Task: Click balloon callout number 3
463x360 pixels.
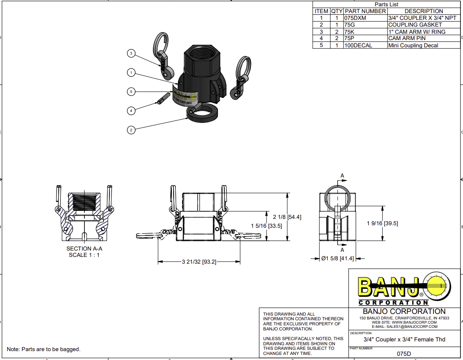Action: tap(131, 53)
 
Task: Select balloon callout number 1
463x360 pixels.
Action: tap(131, 73)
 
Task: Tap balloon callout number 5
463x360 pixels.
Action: tap(131, 91)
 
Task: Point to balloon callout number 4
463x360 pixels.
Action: tap(131, 111)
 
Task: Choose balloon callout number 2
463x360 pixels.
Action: tap(131, 130)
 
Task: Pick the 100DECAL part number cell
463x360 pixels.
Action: tap(358, 45)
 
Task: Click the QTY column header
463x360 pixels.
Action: tap(336, 11)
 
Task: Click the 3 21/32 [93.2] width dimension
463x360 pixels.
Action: tap(199, 262)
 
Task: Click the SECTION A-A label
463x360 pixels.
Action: tap(84, 249)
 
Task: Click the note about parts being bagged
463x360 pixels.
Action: tap(44, 349)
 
